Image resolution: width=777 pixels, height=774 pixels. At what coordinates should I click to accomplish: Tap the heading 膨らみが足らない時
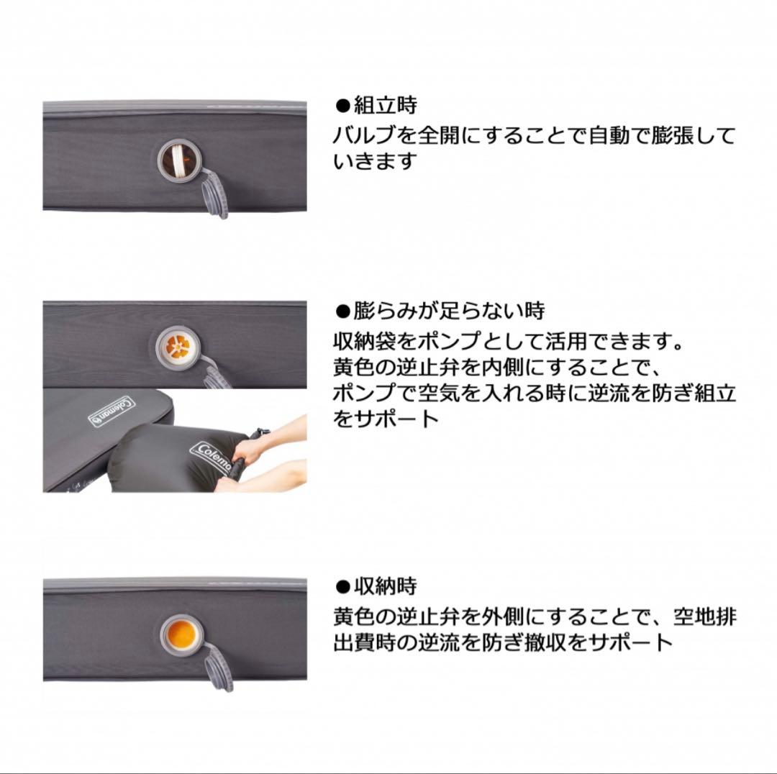coord(450,311)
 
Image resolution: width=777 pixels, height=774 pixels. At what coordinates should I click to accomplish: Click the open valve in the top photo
coord(176,158)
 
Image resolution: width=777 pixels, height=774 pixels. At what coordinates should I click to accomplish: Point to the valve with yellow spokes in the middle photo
coord(176,348)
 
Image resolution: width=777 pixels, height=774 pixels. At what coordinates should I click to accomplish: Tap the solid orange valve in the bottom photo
coord(178,635)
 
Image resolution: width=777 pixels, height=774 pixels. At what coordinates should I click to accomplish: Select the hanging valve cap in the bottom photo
coord(218,669)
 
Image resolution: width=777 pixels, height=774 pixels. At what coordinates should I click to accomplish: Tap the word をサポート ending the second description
coord(386,419)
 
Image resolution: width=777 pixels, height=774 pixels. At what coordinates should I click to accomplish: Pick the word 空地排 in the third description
coord(705,616)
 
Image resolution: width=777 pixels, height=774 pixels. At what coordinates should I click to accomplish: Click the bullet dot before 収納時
coord(342,587)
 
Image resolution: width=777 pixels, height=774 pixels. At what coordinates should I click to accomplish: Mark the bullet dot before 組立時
coord(342,106)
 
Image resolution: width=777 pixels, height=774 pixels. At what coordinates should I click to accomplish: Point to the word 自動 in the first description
coord(587,136)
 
